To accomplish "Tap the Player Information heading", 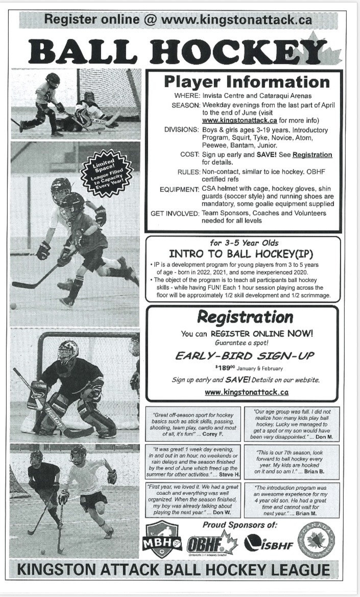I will tap(247, 82).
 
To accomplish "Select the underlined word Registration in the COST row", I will tap(312, 155).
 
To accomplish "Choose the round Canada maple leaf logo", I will tap(317, 540).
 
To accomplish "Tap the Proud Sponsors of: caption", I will tap(239, 525).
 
